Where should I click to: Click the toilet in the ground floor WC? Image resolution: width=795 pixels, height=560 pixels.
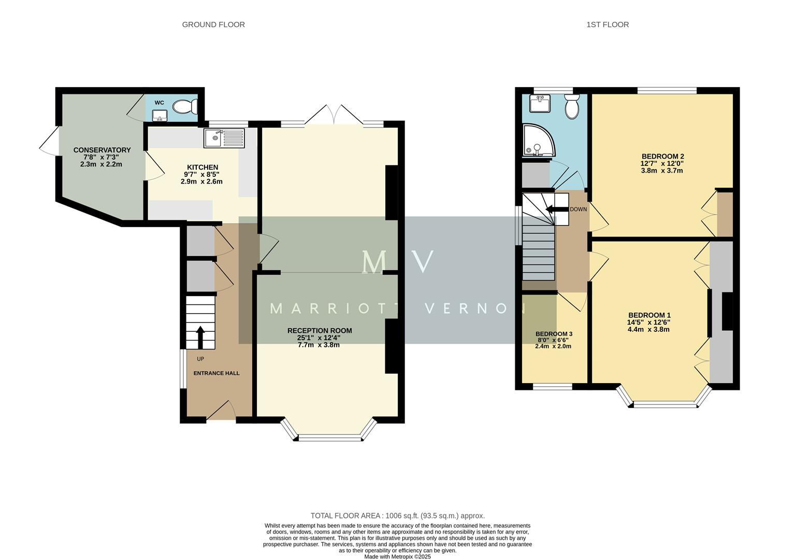(x=185, y=107)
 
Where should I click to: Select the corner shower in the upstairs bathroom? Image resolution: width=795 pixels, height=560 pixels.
(x=537, y=141)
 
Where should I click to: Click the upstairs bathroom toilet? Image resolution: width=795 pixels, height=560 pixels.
(x=572, y=107)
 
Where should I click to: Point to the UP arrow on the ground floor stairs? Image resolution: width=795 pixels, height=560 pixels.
(x=200, y=337)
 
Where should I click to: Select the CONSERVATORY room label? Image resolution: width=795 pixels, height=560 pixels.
(x=102, y=150)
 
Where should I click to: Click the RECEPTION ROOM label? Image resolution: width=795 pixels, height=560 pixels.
(x=320, y=331)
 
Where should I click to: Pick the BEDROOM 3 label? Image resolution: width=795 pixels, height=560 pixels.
(x=554, y=334)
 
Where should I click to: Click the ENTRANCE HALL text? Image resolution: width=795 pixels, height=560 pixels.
(x=216, y=373)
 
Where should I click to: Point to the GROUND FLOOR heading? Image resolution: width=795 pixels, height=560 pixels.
(x=213, y=24)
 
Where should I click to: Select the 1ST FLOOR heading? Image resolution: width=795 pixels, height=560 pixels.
(x=608, y=24)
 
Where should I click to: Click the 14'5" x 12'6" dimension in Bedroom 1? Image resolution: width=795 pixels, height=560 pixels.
(x=649, y=322)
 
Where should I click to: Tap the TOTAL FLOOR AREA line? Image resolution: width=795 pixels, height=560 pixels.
(x=397, y=515)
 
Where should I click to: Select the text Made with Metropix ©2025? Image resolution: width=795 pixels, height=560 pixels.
(x=397, y=556)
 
